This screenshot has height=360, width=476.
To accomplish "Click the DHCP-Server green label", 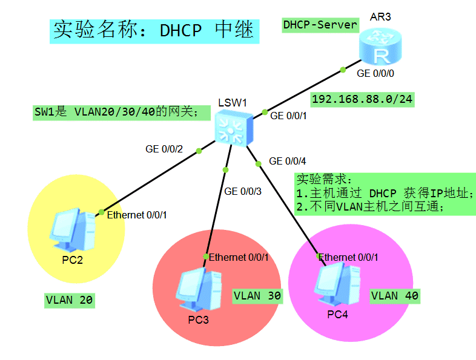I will tap(320, 25).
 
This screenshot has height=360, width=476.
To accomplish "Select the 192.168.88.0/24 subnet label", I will tap(362, 100).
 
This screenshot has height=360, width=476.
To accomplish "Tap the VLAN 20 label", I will tap(70, 300).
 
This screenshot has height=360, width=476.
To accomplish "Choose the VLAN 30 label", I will tap(257, 296).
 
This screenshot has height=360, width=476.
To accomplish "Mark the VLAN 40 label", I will tap(395, 296).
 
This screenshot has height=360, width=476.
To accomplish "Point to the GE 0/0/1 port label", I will tap(289, 116).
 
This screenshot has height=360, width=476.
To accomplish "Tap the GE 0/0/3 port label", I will tap(243, 191).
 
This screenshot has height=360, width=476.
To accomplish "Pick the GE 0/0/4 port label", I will tap(288, 161).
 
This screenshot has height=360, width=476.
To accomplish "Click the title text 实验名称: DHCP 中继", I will tap(154, 30).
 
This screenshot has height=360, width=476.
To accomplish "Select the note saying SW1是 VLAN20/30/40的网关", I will tap(116, 113).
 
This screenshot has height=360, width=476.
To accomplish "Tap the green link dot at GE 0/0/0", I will tap(343, 70).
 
